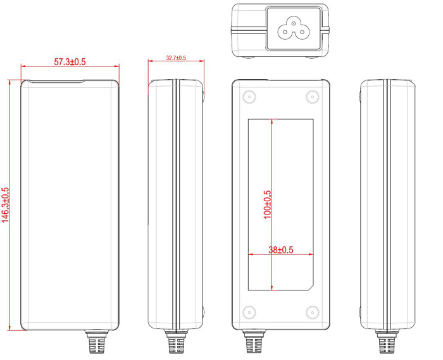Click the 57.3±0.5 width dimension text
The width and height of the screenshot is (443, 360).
[70, 61]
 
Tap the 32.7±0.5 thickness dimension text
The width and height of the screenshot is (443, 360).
[175, 58]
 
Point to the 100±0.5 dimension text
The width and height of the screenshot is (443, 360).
[267, 204]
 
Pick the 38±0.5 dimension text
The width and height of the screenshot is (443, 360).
[281, 250]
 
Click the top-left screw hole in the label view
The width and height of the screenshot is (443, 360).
[248, 97]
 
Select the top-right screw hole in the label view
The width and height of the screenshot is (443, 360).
[311, 97]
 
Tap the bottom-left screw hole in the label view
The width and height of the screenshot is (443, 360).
[248, 312]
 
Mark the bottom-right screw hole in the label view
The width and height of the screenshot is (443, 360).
[311, 312]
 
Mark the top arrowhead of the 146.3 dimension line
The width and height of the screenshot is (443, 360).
[10, 83]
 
